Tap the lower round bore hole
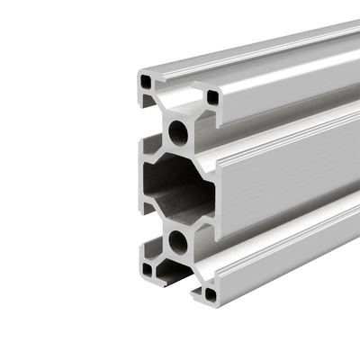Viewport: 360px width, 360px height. click(x=178, y=241)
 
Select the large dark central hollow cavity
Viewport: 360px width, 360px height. click(x=175, y=187)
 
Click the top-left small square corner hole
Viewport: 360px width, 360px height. click(x=146, y=83)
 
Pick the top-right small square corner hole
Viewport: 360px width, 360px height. click(x=212, y=96)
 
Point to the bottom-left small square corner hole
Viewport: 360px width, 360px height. click(x=147, y=268)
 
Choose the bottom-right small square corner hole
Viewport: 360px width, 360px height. click(x=211, y=293)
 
